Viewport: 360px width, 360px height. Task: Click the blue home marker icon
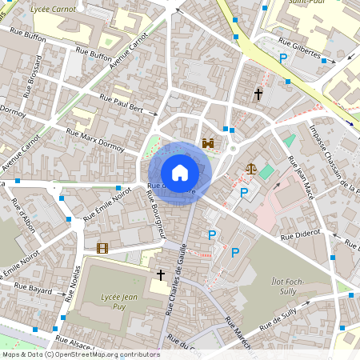click(x=180, y=173)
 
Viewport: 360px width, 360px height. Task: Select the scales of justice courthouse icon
click(x=252, y=169)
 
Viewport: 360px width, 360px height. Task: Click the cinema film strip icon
click(x=102, y=248)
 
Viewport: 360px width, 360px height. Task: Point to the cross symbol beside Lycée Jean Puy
click(x=161, y=275)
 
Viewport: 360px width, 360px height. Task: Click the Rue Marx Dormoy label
click(x=95, y=138)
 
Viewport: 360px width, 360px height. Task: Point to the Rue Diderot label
click(x=300, y=238)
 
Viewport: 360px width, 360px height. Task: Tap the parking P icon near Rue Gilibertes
click(x=283, y=58)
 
